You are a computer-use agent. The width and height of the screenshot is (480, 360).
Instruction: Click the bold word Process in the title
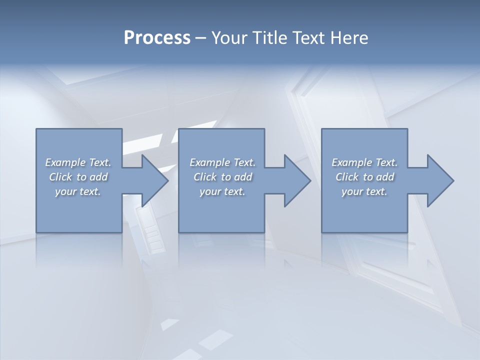point(157,38)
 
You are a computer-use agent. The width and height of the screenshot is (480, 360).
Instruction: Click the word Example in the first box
point(65,162)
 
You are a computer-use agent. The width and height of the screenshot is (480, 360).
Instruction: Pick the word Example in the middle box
point(210,162)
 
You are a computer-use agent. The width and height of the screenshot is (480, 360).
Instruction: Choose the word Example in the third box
point(352,162)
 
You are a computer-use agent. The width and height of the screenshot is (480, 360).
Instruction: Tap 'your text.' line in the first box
point(78,191)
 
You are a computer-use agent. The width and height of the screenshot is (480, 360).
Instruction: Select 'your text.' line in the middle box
point(222,191)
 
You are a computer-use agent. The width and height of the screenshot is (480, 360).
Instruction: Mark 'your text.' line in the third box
point(364,191)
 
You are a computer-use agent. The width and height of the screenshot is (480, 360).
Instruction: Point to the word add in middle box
point(243,177)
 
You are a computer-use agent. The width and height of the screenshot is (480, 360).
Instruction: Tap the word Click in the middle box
point(204,177)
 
